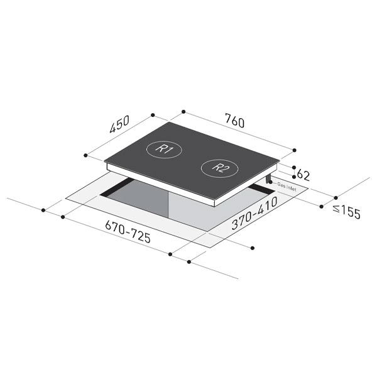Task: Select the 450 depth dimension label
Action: (119, 124)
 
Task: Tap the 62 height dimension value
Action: (303, 175)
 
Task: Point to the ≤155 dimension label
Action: (347, 212)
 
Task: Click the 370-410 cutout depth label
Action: (254, 213)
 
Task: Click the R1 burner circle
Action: (164, 150)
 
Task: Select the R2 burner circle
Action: (219, 168)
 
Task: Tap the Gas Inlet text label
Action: (287, 187)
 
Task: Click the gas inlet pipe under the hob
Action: (268, 179)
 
